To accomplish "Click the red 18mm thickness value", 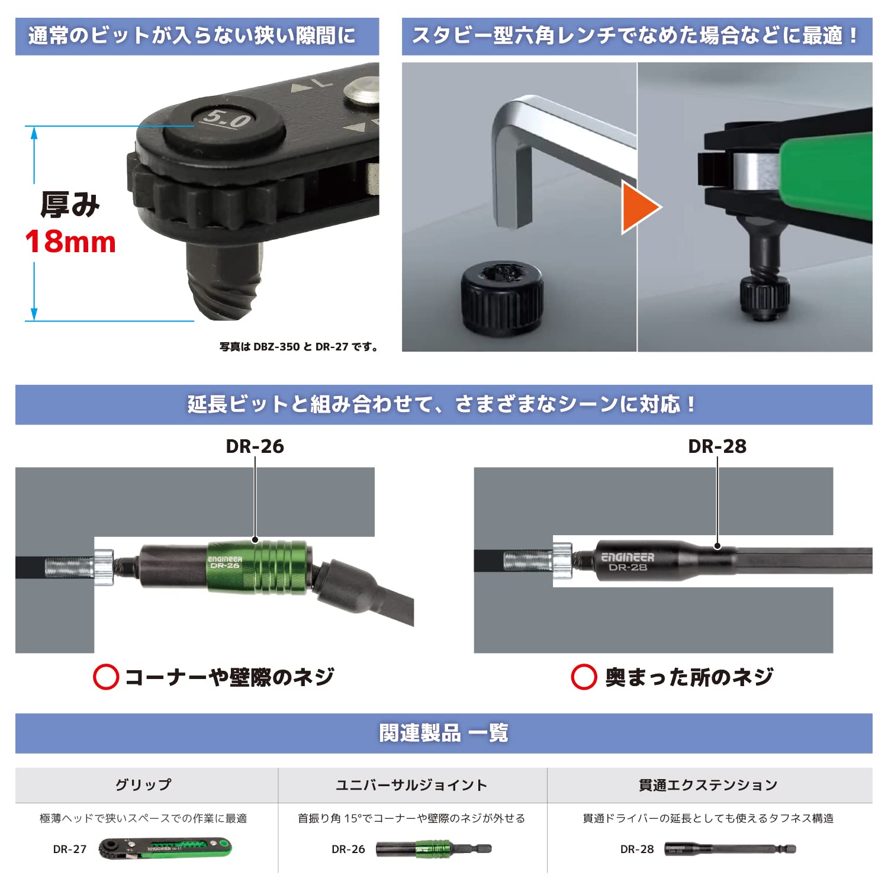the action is coord(70,242).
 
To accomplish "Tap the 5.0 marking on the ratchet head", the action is coord(226,120).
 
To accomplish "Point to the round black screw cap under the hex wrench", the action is coord(502,297).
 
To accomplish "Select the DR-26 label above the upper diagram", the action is coord(255,446).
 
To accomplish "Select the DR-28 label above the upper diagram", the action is coord(717,446).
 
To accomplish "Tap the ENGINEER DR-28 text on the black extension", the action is coord(628,562).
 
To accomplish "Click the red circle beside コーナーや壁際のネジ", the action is coord(106,677).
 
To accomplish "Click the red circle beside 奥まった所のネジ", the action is coord(584,677).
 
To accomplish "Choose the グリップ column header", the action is coord(143,785).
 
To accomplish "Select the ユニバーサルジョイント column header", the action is coord(411,785).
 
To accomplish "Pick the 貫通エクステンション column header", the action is coord(708,785).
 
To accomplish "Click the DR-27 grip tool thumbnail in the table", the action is coord(165,848).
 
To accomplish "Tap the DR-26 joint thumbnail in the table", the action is coord(433,849).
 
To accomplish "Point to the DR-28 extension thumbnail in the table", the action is coord(730,850).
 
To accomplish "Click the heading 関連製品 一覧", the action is coord(443,733).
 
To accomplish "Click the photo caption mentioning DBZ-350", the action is coord(299,347).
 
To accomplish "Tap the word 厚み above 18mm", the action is coord(70,204).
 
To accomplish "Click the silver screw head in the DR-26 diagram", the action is coord(104,568).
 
